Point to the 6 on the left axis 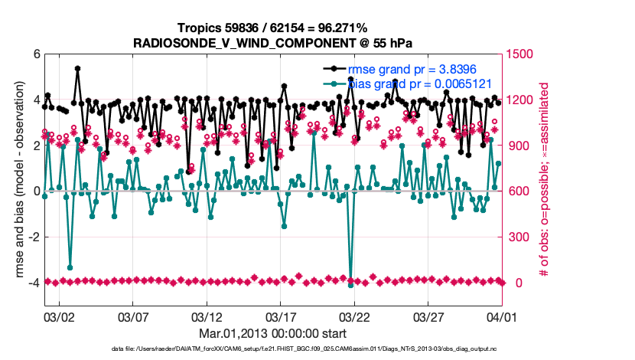(x=37, y=54)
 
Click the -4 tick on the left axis (x=34, y=283)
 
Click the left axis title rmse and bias (x=17, y=180)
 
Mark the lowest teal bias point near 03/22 (x=351, y=285)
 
